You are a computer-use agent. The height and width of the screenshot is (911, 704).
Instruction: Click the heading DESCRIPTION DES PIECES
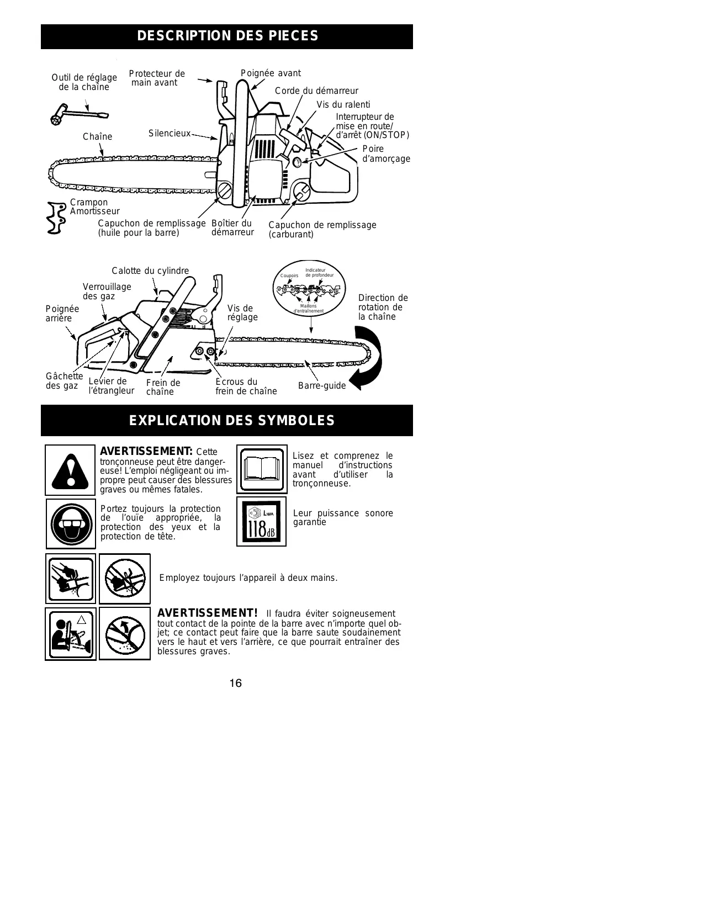(x=227, y=36)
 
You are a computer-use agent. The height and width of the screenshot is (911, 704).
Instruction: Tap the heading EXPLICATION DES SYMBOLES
(x=231, y=421)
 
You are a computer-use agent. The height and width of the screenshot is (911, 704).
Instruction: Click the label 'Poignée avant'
(x=271, y=73)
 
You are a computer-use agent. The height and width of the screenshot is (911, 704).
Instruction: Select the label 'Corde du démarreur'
(x=316, y=91)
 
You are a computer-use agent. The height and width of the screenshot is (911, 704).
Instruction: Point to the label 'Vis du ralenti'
(x=343, y=105)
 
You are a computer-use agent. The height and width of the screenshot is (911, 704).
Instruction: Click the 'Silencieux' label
(x=169, y=134)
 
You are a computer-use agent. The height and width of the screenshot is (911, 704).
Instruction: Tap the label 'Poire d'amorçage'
(x=386, y=154)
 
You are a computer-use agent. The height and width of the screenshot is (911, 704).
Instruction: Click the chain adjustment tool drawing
(x=77, y=116)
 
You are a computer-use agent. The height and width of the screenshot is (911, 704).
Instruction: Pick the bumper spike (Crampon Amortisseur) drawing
(x=56, y=218)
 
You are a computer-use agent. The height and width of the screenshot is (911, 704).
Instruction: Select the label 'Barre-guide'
(x=321, y=386)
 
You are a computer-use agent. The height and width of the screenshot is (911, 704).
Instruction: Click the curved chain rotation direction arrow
(x=366, y=358)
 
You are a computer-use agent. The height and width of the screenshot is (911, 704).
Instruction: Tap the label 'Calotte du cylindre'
(x=150, y=271)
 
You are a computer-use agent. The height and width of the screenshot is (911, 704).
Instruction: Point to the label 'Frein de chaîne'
(x=163, y=387)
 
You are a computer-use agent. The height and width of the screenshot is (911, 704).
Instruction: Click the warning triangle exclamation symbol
(x=70, y=470)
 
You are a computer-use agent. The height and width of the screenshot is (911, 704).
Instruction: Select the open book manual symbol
(x=261, y=469)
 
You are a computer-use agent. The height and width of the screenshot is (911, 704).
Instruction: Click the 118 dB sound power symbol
(x=261, y=522)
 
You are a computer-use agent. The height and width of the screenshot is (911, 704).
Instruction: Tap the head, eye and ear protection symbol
(x=70, y=523)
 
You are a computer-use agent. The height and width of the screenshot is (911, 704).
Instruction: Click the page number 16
(x=235, y=684)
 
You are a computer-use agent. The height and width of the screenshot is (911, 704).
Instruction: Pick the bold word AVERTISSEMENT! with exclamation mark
(x=208, y=613)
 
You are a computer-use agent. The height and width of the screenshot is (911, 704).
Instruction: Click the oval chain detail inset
(x=310, y=289)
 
